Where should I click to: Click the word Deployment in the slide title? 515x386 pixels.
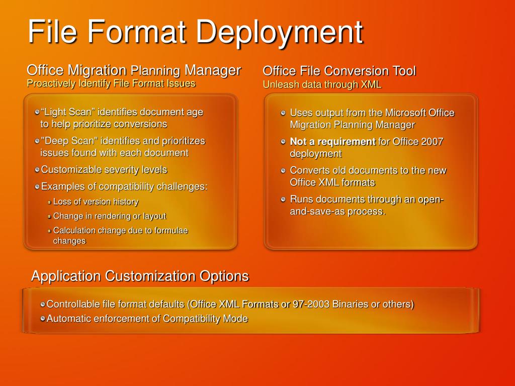pos(279,32)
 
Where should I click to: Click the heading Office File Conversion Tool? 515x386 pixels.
pos(339,71)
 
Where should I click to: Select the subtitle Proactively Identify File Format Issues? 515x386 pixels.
pos(111,83)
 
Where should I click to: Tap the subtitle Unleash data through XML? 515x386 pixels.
pos(322,84)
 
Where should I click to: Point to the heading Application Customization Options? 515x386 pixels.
pos(140,276)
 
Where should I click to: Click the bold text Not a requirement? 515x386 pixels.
pos(332,142)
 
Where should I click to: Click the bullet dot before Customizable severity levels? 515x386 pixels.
pos(37,170)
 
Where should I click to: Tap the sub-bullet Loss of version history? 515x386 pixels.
pos(96,202)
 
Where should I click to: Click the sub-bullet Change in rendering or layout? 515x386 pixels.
pos(109,216)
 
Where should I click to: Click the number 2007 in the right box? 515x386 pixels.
pos(433,142)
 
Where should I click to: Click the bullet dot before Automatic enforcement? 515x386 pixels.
pos(43,319)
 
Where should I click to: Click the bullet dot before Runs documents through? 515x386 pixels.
pos(283,200)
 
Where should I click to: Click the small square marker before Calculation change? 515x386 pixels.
pos(49,231)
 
